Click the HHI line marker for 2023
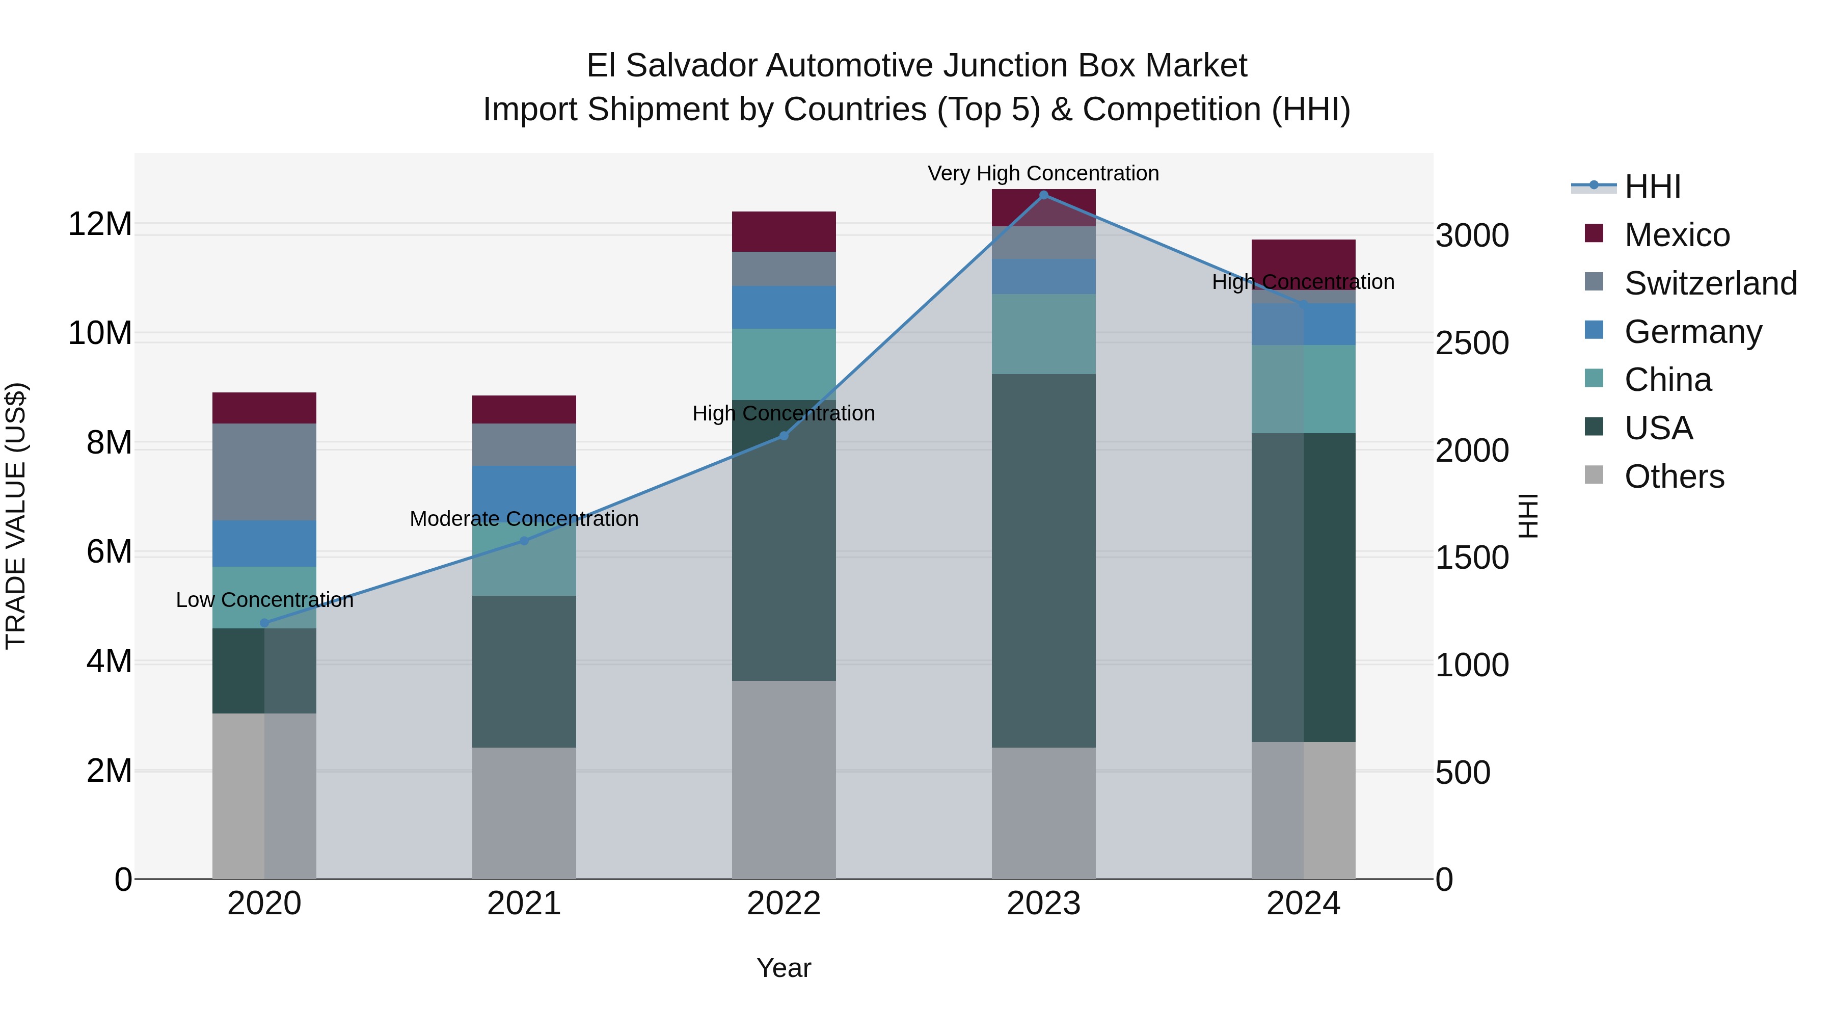click(1044, 195)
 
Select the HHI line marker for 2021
click(524, 541)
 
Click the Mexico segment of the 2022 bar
click(784, 231)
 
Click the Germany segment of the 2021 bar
click(524, 491)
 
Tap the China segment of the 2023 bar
click(1044, 333)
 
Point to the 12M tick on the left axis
click(100, 224)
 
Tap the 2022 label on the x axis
click(784, 904)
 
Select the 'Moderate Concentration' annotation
click(524, 518)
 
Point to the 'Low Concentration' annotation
click(264, 600)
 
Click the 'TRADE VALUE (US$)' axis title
click(16, 516)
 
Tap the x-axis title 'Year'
click(784, 968)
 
